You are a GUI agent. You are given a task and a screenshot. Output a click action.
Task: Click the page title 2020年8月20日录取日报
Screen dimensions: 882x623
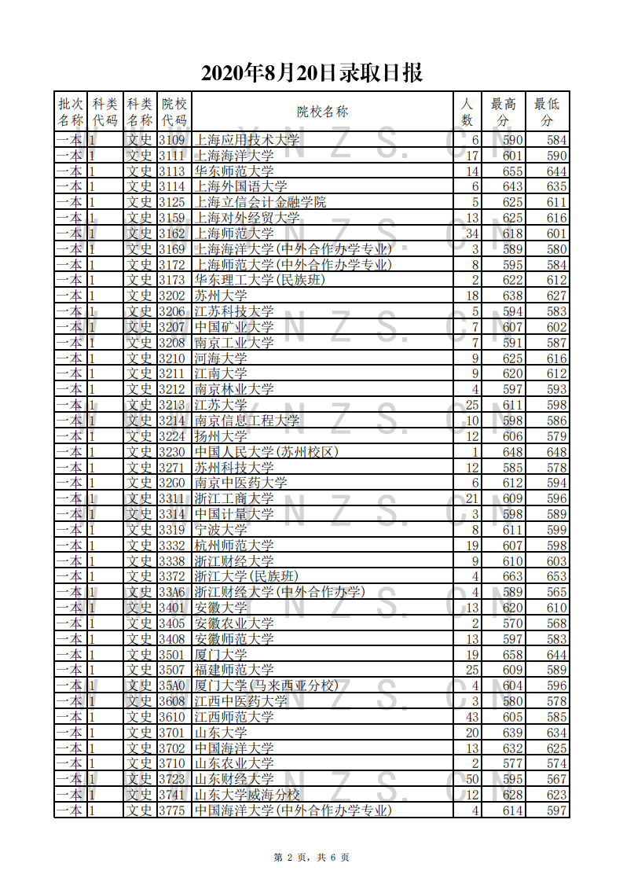[312, 73]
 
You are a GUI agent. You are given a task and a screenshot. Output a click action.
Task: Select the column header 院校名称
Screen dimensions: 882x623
[322, 112]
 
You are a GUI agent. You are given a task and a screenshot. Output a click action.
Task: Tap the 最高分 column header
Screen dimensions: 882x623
[504, 112]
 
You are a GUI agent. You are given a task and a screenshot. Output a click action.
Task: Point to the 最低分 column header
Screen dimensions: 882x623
[547, 112]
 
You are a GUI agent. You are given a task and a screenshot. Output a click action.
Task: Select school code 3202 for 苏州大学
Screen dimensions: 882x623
[172, 296]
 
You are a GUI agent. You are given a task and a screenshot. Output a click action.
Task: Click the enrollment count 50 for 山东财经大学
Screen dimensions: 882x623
[471, 779]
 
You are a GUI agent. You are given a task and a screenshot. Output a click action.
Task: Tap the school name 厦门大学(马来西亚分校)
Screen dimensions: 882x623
[266, 685]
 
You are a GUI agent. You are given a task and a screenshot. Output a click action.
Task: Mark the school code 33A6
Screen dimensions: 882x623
[172, 592]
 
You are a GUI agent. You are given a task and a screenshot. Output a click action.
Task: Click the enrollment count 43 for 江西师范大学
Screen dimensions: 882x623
[471, 717]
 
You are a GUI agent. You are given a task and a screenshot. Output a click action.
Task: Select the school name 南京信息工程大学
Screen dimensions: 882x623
[247, 421]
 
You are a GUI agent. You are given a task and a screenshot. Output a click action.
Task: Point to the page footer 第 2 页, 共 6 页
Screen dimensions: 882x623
[311, 857]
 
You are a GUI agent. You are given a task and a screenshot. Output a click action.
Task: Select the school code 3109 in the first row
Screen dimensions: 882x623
[172, 140]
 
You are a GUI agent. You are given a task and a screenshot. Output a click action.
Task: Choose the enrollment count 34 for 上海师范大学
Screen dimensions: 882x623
[471, 233]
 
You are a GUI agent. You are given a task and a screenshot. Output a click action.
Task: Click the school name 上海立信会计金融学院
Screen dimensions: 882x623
[260, 202]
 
